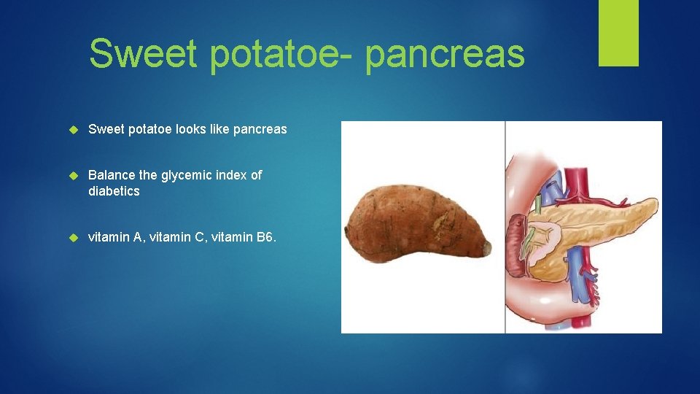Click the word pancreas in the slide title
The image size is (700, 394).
[x=445, y=55]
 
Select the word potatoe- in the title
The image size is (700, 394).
[x=278, y=55]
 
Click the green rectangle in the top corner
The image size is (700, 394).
[x=618, y=32]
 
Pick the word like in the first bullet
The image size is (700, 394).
[x=219, y=129]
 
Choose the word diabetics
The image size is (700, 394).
[x=114, y=191]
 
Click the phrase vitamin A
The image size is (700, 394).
[x=114, y=237]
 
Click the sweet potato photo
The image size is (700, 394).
[x=416, y=223]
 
